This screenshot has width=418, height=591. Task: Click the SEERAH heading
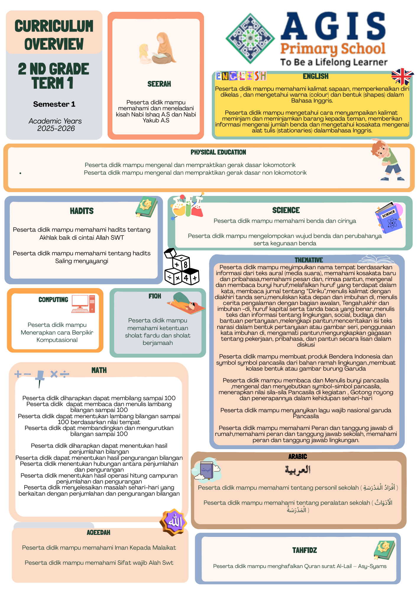[159, 84]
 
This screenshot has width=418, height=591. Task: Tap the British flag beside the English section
[402, 76]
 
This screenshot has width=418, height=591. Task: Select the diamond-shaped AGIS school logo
[250, 38]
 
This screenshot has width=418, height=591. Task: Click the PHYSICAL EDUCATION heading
[218, 152]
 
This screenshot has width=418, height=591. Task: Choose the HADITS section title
[82, 211]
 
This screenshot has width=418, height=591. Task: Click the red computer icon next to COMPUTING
[83, 304]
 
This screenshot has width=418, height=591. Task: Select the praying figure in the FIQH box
[186, 302]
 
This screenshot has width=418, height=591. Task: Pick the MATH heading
[99, 370]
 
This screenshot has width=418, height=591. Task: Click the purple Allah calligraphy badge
[174, 522]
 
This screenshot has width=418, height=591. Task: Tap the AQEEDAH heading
[98, 532]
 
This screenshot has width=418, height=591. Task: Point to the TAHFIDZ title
[304, 550]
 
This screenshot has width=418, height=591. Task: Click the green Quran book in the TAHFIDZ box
[384, 550]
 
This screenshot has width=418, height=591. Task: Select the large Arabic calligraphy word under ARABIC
[298, 470]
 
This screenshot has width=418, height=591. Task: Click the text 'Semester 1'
[54, 104]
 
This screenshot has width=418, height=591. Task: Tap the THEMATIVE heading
[309, 260]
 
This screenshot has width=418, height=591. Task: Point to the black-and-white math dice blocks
[181, 267]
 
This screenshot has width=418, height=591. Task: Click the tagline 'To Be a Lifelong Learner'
[334, 62]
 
